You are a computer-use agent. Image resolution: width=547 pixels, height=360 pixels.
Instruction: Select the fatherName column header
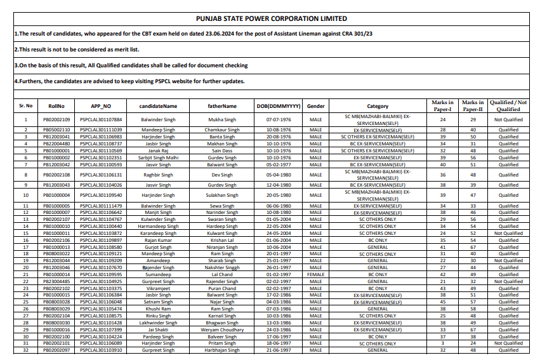tap(222, 106)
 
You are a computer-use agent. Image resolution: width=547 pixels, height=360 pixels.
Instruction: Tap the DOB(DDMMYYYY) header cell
tap(277, 106)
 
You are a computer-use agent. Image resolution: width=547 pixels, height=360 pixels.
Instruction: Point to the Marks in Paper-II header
tap(472, 106)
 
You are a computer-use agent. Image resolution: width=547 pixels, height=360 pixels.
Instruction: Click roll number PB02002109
tap(56, 119)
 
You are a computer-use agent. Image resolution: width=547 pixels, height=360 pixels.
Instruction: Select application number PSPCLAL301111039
tap(101, 130)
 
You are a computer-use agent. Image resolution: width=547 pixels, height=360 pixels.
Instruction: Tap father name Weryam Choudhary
tap(222, 330)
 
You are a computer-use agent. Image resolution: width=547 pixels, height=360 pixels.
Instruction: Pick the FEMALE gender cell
tap(315, 274)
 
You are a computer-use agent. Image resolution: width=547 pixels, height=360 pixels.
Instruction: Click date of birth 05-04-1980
tap(277, 175)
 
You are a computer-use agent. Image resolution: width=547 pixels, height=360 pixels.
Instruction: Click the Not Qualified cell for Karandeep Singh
tap(508, 234)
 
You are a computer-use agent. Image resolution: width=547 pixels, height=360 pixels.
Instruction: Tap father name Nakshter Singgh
tap(222, 268)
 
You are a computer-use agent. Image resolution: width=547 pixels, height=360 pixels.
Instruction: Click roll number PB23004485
tap(56, 281)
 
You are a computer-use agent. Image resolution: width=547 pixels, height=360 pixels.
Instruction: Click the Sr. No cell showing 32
tap(26, 350)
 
